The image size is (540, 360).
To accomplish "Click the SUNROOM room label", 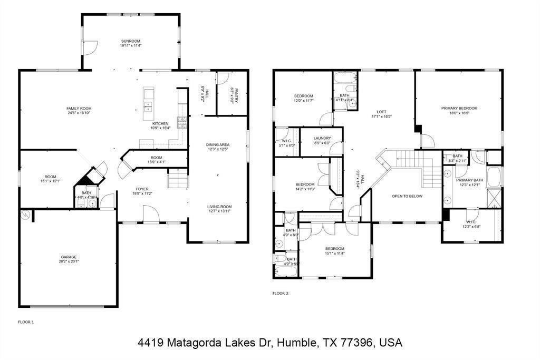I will click(130, 41).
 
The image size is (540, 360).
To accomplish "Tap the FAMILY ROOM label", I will click(79, 108).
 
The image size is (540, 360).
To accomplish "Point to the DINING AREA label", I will click(217, 144).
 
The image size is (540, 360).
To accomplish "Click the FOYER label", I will click(142, 189).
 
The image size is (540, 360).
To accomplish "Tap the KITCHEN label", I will click(160, 123).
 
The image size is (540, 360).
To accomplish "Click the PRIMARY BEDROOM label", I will click(459, 108).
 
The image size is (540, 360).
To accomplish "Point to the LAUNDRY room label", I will click(322, 138).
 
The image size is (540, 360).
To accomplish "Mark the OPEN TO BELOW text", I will click(407, 196).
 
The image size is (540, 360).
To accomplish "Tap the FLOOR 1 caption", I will click(26, 322).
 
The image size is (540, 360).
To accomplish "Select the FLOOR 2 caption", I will click(280, 293).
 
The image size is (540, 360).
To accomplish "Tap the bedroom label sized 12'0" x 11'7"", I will click(304, 95).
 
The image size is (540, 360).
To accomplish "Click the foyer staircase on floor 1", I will click(178, 180).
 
